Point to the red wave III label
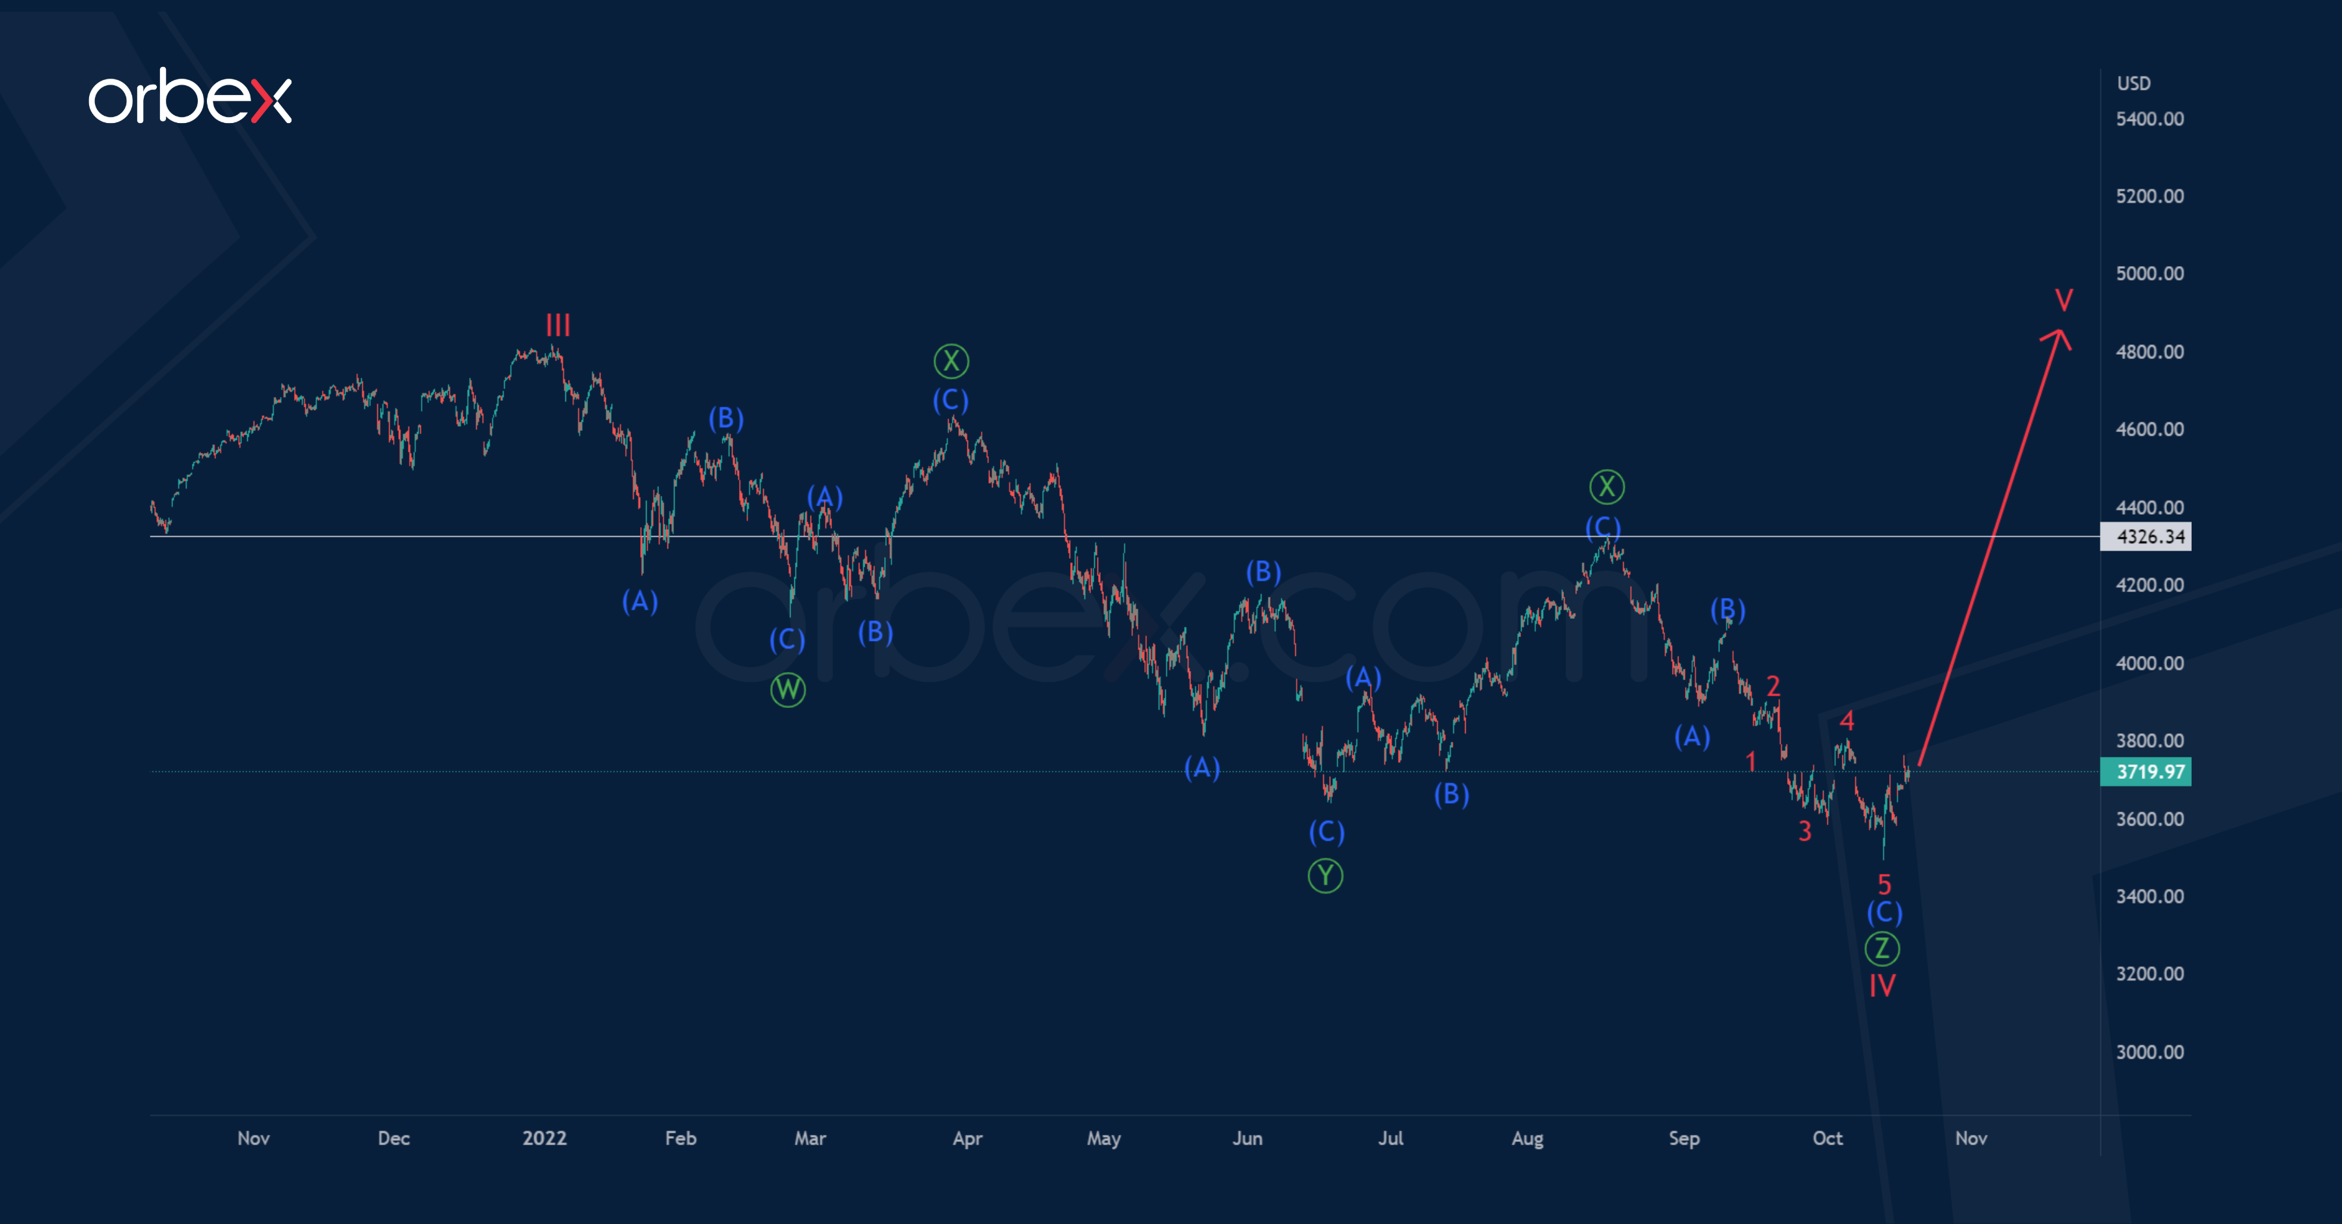coord(558,325)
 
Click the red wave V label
coord(2064,299)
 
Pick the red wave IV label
coord(1882,985)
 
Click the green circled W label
coord(787,689)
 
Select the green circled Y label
coord(1325,876)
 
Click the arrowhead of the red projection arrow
coord(2059,336)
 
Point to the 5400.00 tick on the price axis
coord(2149,119)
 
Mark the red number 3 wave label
coord(1805,830)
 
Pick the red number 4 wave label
coord(1846,721)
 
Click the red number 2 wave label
coord(1773,685)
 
